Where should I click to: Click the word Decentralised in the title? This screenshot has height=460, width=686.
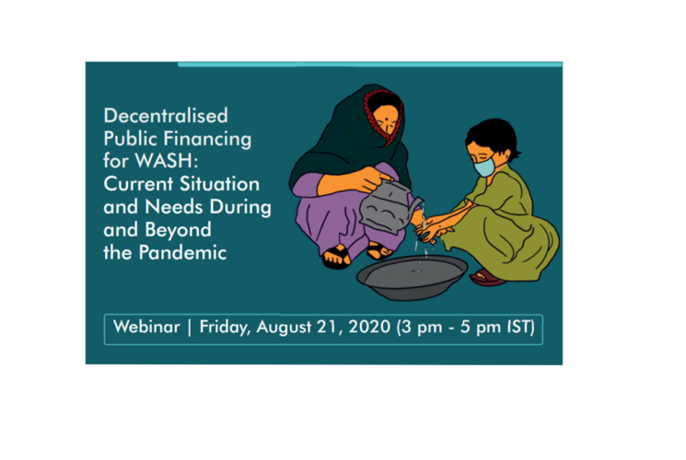(x=166, y=116)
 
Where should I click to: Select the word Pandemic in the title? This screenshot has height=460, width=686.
(x=182, y=252)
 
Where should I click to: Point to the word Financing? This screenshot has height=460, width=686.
(x=208, y=140)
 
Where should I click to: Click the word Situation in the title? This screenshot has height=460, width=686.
(x=220, y=184)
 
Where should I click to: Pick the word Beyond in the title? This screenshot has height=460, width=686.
(x=178, y=230)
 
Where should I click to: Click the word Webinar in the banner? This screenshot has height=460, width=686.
(x=146, y=327)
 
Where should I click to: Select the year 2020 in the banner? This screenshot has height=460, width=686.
(x=369, y=327)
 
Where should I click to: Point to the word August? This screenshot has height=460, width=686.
(x=284, y=328)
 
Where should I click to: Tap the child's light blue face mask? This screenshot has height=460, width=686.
(x=484, y=167)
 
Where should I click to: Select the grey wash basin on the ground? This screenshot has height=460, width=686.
(x=413, y=277)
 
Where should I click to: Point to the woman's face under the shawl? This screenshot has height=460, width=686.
(x=387, y=118)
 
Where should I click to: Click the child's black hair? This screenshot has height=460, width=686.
(x=493, y=135)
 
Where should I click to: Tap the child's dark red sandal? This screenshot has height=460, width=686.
(x=486, y=278)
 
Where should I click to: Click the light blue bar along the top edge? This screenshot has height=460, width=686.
(x=369, y=64)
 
